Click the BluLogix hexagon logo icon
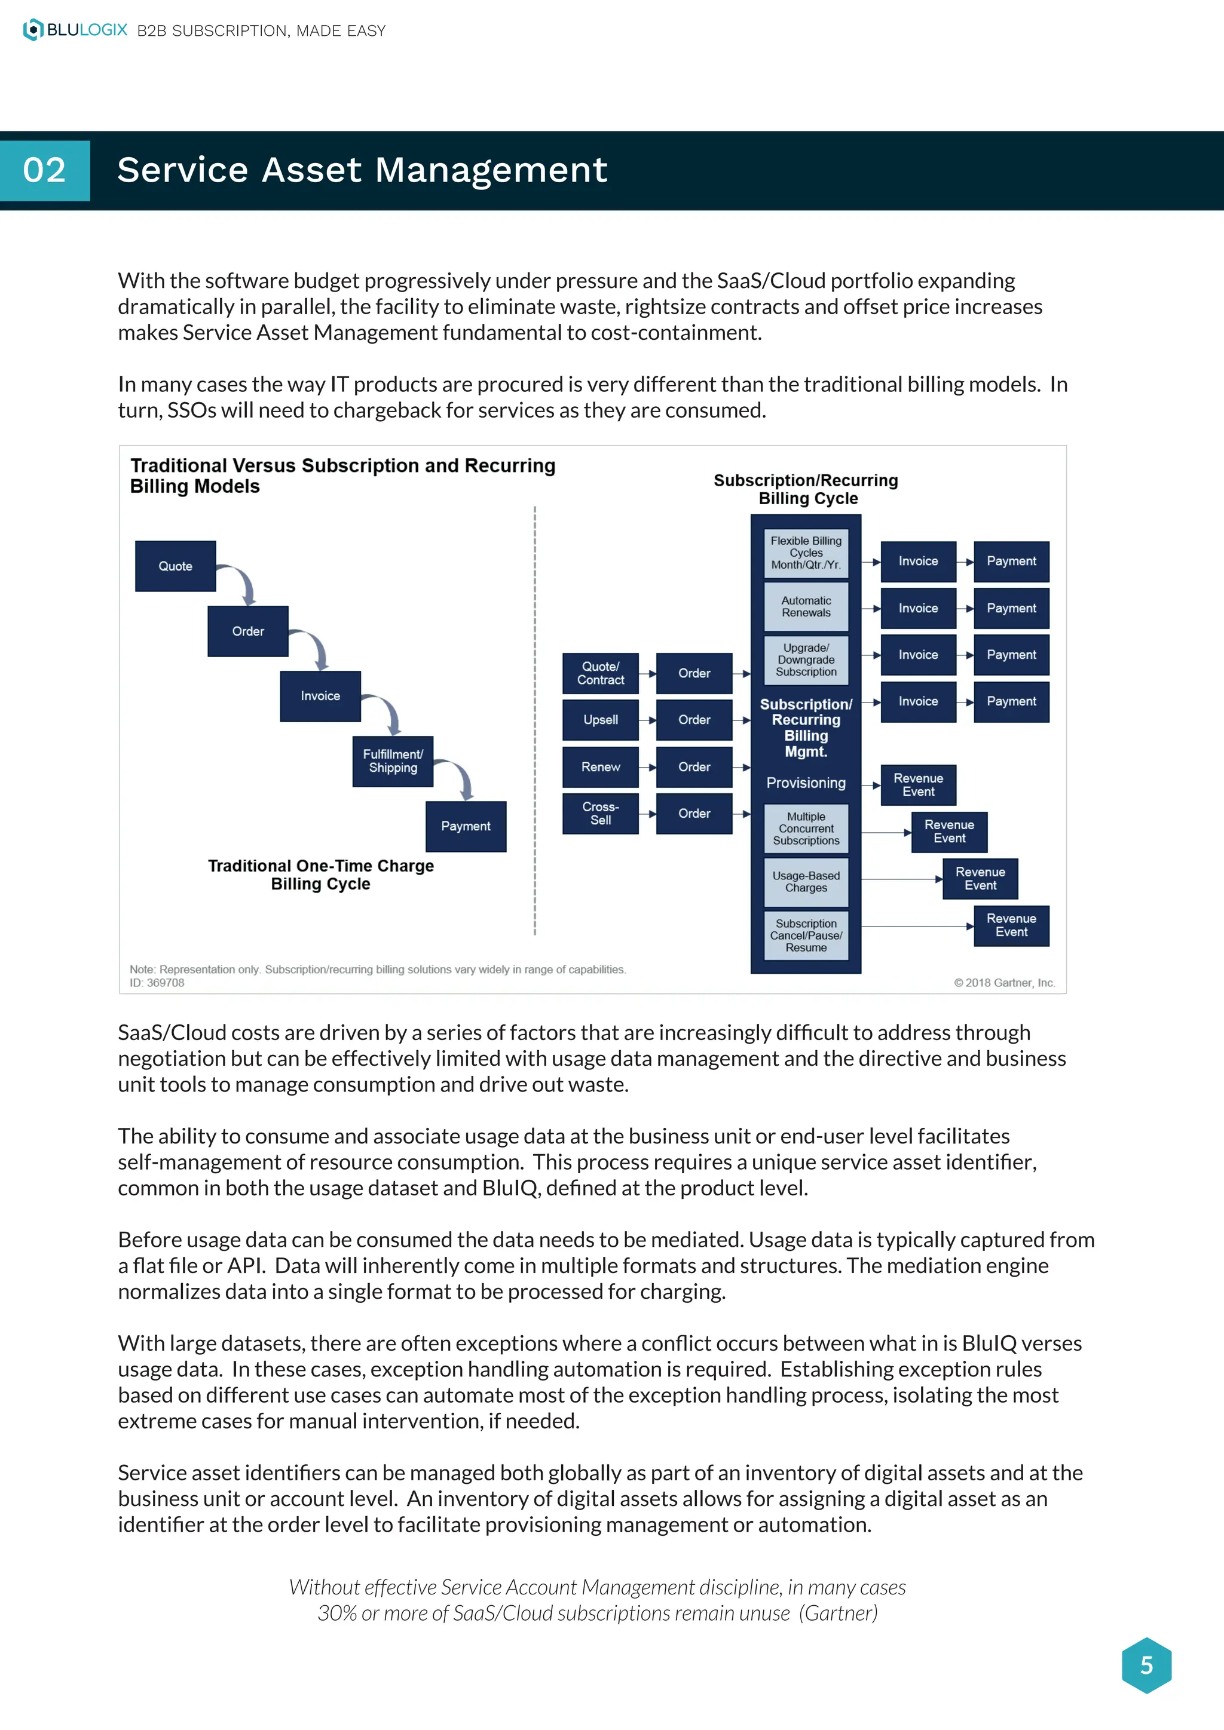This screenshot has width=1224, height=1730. click(x=33, y=30)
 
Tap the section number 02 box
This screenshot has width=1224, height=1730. click(x=44, y=170)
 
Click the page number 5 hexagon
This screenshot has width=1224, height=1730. click(x=1146, y=1664)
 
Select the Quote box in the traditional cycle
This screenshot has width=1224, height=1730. click(x=176, y=566)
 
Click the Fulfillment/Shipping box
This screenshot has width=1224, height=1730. click(x=393, y=761)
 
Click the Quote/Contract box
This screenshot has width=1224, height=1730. click(x=601, y=673)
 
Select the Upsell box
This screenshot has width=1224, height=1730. click(x=601, y=720)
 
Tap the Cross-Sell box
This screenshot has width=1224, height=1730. click(x=601, y=813)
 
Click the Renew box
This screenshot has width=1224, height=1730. click(x=601, y=766)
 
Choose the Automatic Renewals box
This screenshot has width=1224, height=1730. click(x=806, y=606)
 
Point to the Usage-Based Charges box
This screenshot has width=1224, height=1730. click(x=806, y=882)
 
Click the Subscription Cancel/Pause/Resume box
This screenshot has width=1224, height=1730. click(x=806, y=935)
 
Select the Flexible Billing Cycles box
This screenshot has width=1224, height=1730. click(x=806, y=553)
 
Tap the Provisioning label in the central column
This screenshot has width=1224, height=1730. click(x=806, y=783)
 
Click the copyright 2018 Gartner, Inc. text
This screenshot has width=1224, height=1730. click(x=1004, y=983)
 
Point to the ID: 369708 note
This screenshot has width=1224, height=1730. click(x=157, y=983)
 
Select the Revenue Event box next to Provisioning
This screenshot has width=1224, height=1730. click(x=918, y=784)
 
